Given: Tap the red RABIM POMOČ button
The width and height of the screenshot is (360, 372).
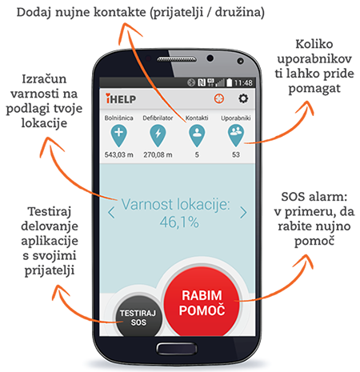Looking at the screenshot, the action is click(202, 302).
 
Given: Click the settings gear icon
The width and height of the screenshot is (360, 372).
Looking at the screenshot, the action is click(243, 98).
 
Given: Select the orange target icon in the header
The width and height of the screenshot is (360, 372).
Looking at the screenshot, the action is click(219, 98).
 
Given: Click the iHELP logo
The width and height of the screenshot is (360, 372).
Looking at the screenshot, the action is click(121, 98).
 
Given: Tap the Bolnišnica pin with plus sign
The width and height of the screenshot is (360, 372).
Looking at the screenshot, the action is click(119, 136).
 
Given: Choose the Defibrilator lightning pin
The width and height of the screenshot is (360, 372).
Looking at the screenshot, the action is click(158, 136).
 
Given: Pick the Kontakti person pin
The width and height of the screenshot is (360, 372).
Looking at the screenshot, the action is click(197, 136).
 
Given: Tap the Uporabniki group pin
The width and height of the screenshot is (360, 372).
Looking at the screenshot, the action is click(236, 136).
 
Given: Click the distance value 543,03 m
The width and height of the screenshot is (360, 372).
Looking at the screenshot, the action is click(119, 154).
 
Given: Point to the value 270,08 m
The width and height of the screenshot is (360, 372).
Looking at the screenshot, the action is click(158, 154).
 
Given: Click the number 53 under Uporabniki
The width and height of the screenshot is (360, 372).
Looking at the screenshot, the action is click(236, 154).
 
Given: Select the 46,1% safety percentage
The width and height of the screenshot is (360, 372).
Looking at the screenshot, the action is click(179, 222).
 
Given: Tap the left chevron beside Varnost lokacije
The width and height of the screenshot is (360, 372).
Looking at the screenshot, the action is click(111, 213).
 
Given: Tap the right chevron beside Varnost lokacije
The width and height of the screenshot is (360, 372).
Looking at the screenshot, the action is click(243, 213).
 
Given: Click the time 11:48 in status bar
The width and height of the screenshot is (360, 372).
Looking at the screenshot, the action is click(243, 83).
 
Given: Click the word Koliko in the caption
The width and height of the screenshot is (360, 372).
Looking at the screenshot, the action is click(314, 44).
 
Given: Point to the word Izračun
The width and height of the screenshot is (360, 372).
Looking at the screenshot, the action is click(44, 79).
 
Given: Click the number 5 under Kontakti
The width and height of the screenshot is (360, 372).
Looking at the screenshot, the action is click(197, 154).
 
